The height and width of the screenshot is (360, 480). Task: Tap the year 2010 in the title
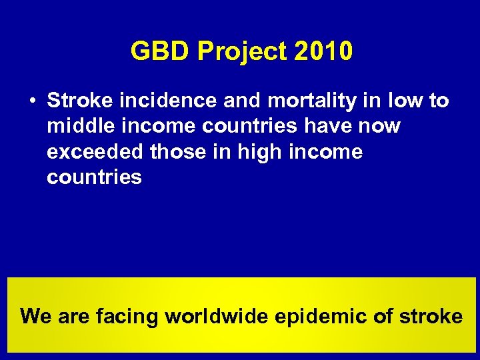point(322,51)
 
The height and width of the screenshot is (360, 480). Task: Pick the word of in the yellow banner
point(383,315)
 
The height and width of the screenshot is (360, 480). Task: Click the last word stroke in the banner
point(431,315)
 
